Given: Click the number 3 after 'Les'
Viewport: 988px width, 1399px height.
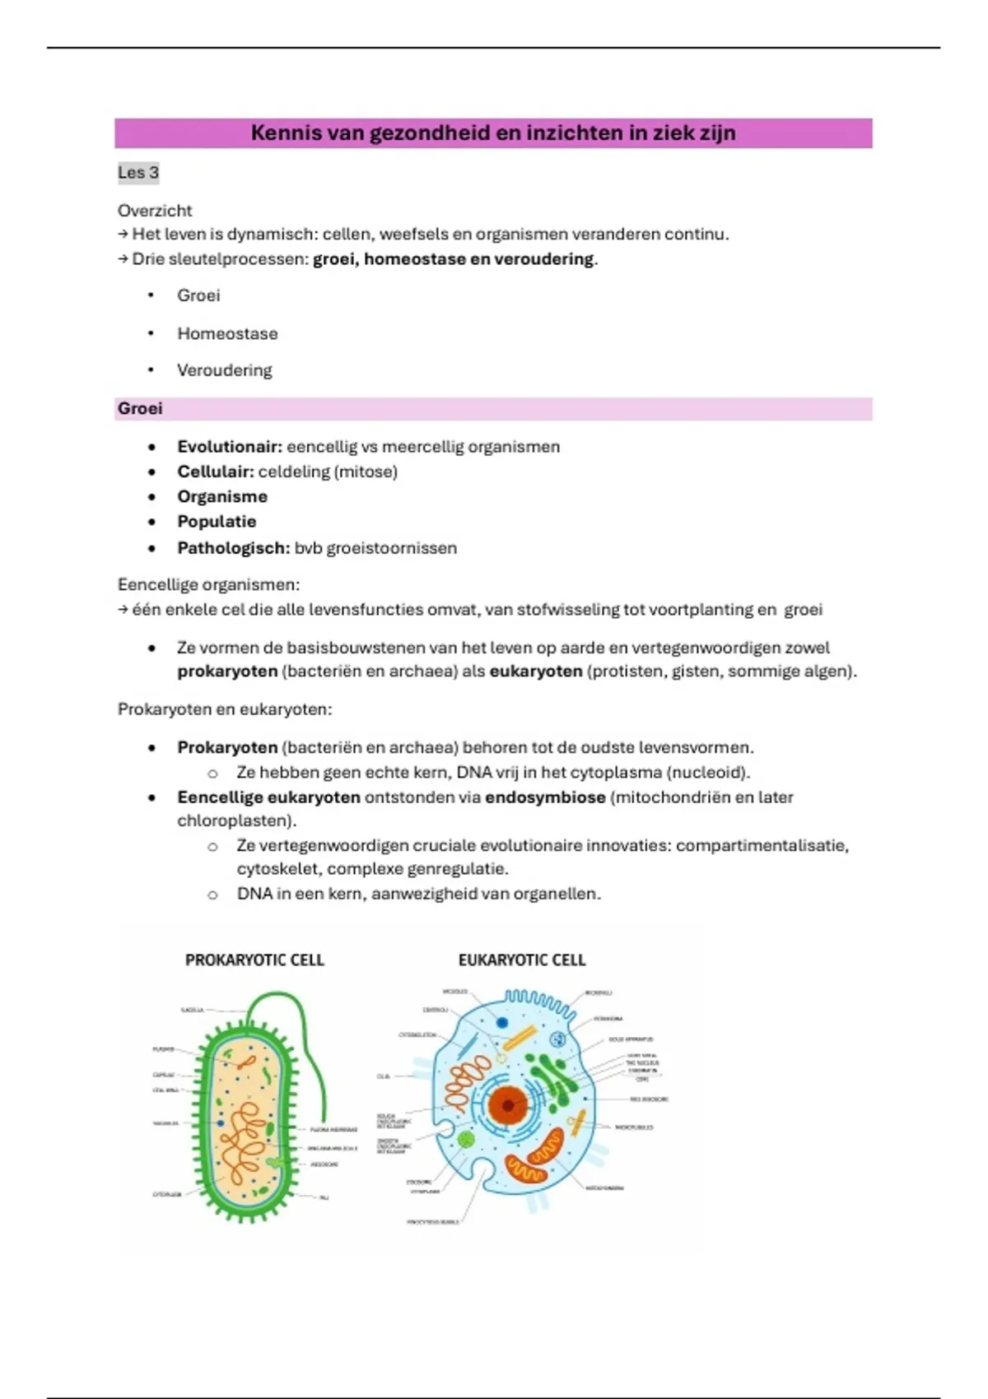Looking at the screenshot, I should coord(154,173).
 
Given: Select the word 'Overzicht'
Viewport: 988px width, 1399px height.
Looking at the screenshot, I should coord(155,211).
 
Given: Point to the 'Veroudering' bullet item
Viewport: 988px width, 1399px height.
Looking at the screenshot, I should coord(224,370).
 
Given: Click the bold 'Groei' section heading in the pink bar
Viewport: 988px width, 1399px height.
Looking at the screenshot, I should coord(140,409).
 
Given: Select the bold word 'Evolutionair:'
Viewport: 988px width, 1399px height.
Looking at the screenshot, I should coord(230,447).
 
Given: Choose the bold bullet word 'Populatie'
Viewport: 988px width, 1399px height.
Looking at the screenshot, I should coord(217,522).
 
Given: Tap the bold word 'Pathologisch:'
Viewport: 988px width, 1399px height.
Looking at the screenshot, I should coord(233,548).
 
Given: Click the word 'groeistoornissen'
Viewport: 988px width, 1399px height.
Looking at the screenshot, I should coord(392,548).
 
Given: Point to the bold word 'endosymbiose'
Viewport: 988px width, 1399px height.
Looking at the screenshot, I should coord(545,797).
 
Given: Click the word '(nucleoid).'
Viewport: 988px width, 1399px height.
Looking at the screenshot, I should coord(708,773).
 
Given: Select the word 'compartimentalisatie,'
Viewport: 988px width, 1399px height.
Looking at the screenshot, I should coord(762,846).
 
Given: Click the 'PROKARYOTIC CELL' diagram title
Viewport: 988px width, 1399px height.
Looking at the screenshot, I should coord(254,960).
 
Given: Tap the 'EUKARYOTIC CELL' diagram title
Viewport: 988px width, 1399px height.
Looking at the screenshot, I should coord(522,960).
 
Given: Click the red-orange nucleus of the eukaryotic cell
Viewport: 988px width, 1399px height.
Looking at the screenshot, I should coord(508,1105).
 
